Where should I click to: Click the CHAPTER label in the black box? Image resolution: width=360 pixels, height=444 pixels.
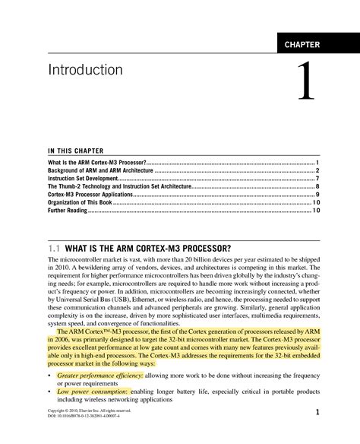302,45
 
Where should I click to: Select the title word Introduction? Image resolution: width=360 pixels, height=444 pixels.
85,70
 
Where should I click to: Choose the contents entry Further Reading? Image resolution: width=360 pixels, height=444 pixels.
68,211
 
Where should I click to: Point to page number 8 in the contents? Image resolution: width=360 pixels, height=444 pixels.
317,187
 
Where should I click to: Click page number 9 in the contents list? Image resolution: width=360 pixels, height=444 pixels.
317,195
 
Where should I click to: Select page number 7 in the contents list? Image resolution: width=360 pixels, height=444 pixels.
317,179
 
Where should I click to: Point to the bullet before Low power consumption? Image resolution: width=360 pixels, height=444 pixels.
49,392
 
